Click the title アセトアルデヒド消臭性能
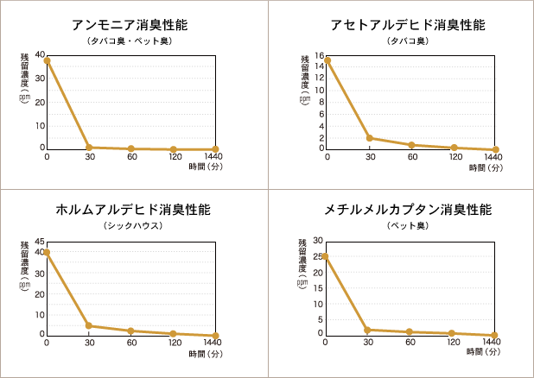coord(403,24)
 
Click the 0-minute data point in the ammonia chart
coord(47,60)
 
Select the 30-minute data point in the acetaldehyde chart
coord(370,138)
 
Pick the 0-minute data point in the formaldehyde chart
coord(47,252)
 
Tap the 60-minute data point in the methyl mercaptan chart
coord(411,331)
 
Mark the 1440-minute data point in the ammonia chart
coord(216,149)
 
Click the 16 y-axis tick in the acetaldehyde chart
coord(319,56)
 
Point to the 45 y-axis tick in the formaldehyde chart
coord(40,242)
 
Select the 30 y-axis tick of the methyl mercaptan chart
coord(318,241)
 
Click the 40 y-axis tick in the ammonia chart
coord(40,56)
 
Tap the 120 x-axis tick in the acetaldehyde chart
coord(454,158)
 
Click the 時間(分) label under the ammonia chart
coord(205,169)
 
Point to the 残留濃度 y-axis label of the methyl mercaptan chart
coord(303,258)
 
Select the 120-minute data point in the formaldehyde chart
coord(174,333)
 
